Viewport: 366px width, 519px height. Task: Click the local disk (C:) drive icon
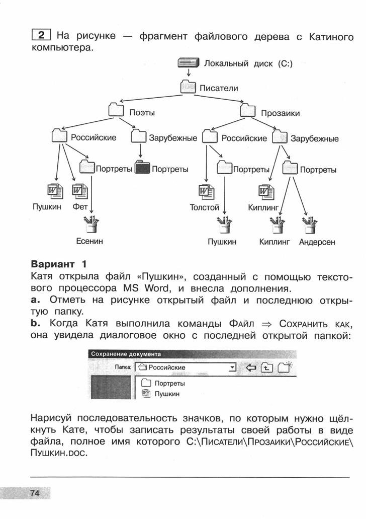[189, 63]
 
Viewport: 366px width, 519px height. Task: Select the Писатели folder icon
[188, 87]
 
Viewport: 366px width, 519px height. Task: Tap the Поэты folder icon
[116, 110]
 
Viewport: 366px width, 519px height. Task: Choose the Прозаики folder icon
[248, 110]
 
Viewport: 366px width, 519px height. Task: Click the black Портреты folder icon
[142, 167]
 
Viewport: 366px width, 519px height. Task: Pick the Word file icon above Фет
[80, 191]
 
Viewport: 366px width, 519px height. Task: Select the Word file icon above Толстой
[206, 192]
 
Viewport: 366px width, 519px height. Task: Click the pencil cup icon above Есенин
[91, 225]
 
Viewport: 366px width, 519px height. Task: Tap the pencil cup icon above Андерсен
[310, 226]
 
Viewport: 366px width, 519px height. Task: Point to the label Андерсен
[317, 242]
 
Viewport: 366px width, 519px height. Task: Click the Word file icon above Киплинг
[266, 192]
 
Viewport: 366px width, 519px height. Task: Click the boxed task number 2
[41, 35]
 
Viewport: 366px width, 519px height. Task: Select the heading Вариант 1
[58, 264]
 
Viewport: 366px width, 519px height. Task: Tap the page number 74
[35, 493]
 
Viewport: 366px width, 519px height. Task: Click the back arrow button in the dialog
[251, 367]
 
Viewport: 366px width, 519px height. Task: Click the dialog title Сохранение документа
[126, 354]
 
